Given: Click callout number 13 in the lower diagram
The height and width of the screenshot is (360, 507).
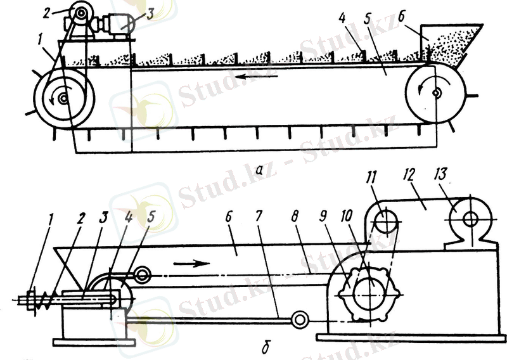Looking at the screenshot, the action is coord(441,175).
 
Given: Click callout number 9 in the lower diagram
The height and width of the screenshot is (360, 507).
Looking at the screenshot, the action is coord(323,216).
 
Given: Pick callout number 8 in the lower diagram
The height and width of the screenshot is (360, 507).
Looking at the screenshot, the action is coord(294,216).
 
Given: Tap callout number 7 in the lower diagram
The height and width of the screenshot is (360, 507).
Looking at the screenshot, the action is coord(258,216).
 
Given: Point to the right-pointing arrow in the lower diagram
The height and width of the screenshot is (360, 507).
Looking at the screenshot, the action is coord(192,264).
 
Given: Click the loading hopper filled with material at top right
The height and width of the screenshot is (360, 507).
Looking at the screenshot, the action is coord(451,45).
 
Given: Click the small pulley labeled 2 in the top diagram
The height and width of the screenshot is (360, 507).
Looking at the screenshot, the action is coord(80,13).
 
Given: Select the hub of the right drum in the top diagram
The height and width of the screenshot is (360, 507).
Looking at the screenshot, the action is coord(436,93).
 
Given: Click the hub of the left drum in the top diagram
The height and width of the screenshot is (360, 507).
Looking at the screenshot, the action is coord(63,98).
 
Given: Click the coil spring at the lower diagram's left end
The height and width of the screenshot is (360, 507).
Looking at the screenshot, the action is coord(43,300).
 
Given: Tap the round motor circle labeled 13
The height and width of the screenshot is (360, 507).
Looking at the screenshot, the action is coord(470,220).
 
